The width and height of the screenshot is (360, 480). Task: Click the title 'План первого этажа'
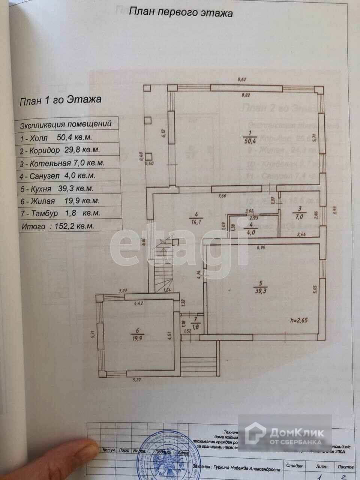181,13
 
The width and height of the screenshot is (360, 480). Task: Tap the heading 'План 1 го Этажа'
60,100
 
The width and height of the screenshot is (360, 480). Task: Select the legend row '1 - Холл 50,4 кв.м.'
56,138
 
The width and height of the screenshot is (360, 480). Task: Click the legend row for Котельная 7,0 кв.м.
62,163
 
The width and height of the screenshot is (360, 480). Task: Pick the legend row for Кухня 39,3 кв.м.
57,189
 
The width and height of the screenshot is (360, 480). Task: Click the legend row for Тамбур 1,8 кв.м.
60,213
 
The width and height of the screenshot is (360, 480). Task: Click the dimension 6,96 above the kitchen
260,247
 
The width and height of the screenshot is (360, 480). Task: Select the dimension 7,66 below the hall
224,195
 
